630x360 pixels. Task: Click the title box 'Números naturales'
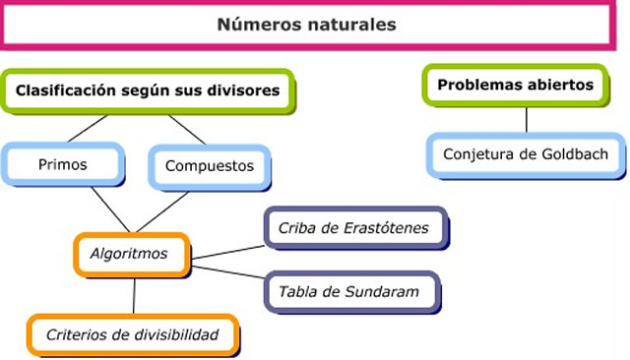306,25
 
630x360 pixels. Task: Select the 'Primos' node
62,164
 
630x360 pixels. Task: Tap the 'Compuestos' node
208,166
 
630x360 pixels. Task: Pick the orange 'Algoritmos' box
129,254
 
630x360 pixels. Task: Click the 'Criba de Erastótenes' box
352,229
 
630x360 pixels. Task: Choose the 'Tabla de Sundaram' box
348,291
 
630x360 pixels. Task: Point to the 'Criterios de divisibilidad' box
131,334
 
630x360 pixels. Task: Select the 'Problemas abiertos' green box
516,86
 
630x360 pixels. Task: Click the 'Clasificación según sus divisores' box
147,91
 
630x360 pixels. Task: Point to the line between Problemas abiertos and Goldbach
527,118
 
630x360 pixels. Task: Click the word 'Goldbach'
576,154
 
